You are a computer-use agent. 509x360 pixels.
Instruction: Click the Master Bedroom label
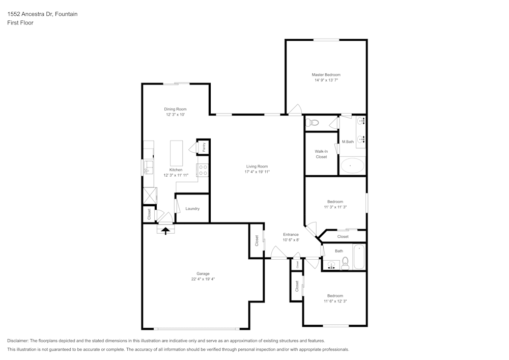coord(326,75)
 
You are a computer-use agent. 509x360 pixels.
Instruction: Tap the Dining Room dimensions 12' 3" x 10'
coord(175,115)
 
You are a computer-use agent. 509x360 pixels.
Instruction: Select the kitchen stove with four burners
coord(203,171)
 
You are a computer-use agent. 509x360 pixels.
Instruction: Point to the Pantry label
coord(204,147)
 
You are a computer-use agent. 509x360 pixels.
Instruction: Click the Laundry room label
coord(192,209)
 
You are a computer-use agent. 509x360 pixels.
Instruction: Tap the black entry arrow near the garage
coord(165,231)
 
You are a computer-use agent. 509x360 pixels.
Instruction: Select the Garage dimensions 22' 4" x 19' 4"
coord(203,279)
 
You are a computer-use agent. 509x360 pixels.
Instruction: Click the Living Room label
coord(257,167)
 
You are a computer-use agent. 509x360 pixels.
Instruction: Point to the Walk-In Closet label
coord(321,154)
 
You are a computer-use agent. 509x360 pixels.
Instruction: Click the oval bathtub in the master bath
coord(352,165)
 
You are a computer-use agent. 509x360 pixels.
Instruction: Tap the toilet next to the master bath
coord(313,123)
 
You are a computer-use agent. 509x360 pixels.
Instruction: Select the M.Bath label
coord(348,142)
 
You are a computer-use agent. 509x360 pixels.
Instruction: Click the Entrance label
coord(291,235)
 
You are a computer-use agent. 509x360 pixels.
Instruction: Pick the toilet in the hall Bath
coord(345,263)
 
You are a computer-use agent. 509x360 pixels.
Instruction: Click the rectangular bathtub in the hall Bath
coord(359,257)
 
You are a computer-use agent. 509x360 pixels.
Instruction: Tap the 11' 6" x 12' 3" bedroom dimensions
coord(335,301)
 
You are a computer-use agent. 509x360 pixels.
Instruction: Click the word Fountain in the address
coord(67,14)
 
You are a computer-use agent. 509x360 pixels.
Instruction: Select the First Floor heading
coord(20,23)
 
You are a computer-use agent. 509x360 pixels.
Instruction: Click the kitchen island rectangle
coord(177,153)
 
